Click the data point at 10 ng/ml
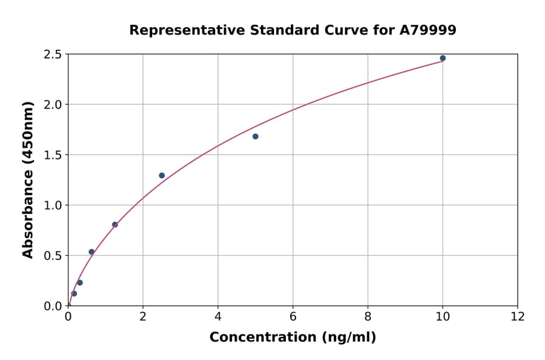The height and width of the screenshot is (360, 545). click(443, 58)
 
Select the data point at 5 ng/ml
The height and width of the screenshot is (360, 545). click(256, 136)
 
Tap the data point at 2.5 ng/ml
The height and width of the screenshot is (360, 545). click(162, 176)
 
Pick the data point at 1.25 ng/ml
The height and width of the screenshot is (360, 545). click(115, 225)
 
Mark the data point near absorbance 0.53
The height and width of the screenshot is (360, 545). click(91, 252)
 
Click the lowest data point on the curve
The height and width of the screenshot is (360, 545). click(74, 293)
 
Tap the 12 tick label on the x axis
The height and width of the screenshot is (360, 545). click(518, 316)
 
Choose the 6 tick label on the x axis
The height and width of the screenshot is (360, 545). click(293, 316)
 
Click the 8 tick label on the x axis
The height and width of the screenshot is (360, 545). click(368, 316)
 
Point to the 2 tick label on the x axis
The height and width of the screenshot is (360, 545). click(143, 316)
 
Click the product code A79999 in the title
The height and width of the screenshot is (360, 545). click(428, 30)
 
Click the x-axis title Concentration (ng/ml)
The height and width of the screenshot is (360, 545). click(292, 337)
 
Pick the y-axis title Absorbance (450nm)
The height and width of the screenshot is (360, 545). click(28, 179)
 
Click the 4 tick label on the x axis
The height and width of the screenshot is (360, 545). click(218, 316)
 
